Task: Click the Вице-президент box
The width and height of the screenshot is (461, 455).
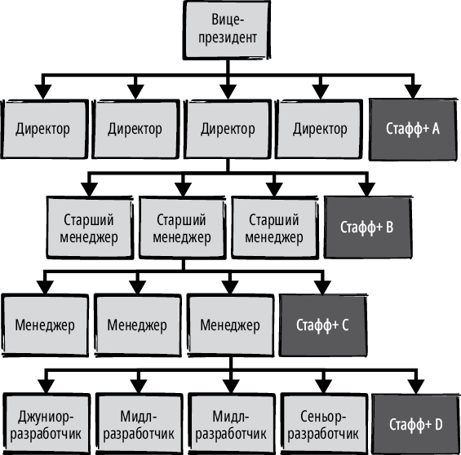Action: (x=227, y=30)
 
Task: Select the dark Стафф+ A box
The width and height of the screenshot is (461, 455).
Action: (x=413, y=130)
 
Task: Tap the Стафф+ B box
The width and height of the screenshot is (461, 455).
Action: (x=367, y=227)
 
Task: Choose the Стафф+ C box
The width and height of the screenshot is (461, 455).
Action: (x=323, y=325)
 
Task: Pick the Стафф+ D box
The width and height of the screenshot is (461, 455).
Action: (x=416, y=424)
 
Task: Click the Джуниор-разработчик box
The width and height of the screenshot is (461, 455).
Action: (x=47, y=425)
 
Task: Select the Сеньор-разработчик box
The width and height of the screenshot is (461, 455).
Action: (x=324, y=425)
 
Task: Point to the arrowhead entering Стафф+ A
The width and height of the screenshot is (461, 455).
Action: (x=413, y=91)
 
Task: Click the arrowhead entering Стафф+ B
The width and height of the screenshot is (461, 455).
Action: (x=366, y=189)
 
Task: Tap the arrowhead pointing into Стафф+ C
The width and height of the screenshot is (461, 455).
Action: (x=322, y=288)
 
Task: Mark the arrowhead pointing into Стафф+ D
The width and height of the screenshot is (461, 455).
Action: (x=416, y=387)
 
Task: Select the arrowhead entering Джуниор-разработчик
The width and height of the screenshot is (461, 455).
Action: (x=46, y=387)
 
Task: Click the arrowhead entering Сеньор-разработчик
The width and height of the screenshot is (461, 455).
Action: (x=323, y=387)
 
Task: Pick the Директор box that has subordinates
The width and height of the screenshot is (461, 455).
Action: (x=228, y=130)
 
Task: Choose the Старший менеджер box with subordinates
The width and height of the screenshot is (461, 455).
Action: (x=182, y=228)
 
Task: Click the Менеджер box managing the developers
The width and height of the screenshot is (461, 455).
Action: (x=230, y=325)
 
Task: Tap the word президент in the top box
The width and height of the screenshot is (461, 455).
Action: (x=228, y=38)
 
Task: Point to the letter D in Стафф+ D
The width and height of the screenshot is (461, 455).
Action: (x=438, y=424)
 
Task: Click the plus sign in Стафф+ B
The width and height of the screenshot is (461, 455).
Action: (x=379, y=227)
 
